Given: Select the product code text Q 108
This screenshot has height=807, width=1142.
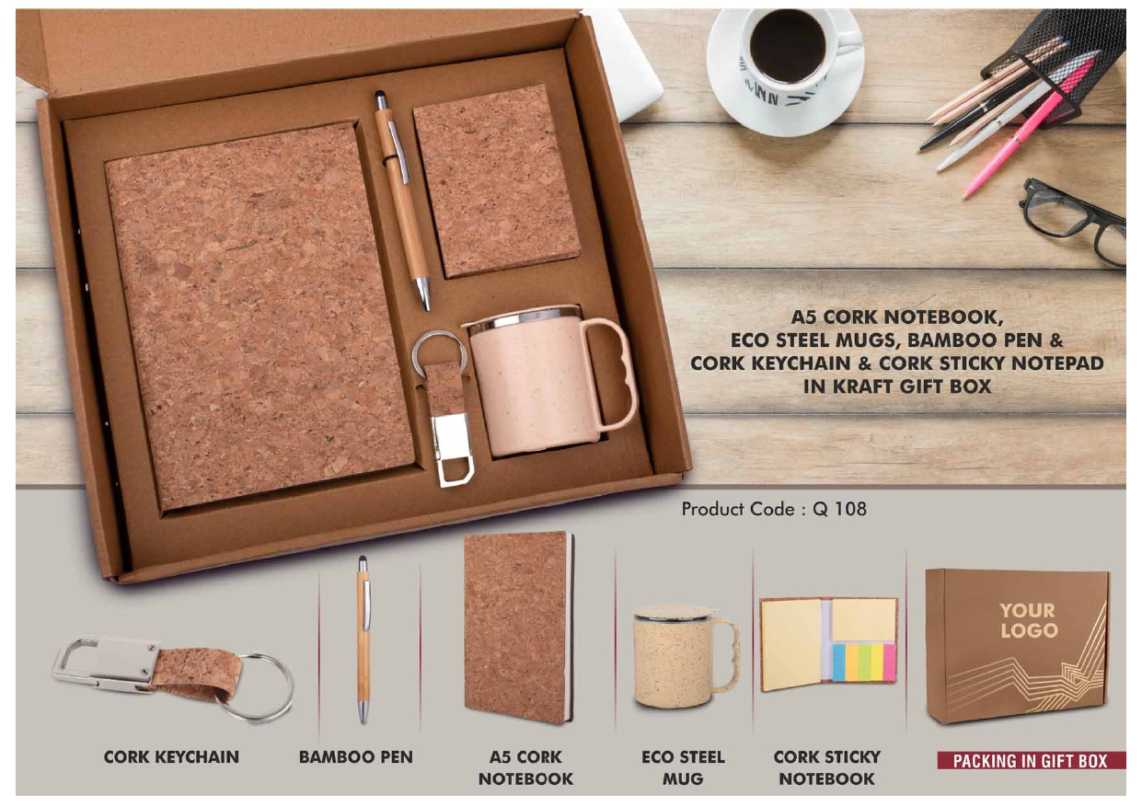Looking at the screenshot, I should (839, 508).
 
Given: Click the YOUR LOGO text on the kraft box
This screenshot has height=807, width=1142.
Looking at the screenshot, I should (1028, 620).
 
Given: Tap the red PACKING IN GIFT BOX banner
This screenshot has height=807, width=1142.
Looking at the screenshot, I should (1030, 761).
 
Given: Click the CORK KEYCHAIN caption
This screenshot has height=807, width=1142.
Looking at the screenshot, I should (171, 757).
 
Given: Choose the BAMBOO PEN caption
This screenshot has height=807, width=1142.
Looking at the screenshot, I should (356, 757).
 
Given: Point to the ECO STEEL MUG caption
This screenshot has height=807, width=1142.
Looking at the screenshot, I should (683, 767).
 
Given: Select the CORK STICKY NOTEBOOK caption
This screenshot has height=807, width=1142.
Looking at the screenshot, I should (826, 767).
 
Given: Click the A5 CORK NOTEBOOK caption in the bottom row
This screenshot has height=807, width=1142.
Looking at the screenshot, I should (525, 767).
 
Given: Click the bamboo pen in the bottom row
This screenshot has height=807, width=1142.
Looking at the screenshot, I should (363, 644).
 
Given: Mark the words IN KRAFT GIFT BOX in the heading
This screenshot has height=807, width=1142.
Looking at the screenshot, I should (897, 386).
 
